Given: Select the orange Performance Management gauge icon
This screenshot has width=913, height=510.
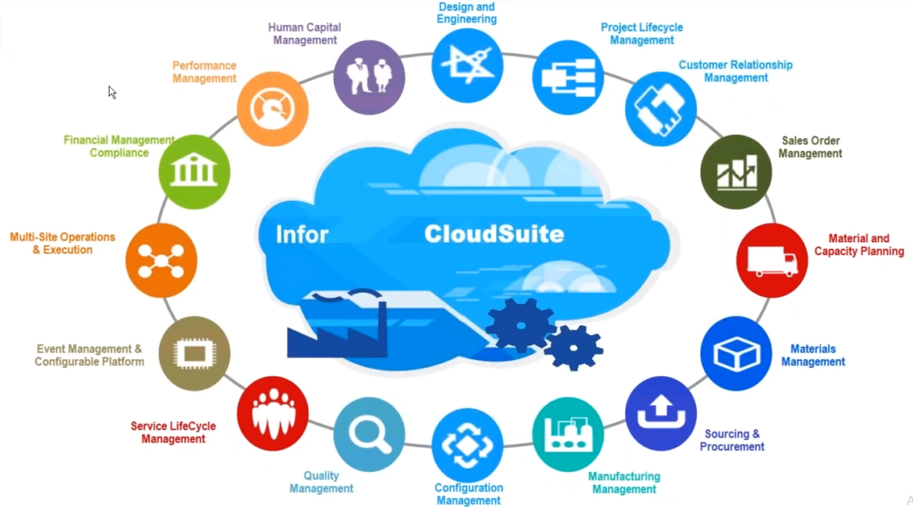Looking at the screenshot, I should point(272,109).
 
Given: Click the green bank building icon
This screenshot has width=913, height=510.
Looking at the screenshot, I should point(194,171).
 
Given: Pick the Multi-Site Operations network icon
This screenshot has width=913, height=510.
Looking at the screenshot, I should point(161,261).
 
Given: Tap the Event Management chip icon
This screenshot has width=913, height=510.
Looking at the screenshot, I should point(194,352).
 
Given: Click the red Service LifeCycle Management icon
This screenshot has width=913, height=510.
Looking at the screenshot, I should point(272,413).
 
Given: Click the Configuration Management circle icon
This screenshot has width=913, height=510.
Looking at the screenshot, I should point(467,445).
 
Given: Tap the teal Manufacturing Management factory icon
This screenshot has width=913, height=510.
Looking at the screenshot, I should point(568,434).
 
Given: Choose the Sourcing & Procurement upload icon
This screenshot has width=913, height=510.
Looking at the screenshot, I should point(660,413).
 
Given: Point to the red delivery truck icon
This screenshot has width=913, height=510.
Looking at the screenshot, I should point(771,261).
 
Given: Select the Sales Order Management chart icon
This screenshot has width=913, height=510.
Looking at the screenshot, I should point(736,172).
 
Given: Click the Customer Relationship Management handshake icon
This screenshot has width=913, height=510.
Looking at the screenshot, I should point(660,109).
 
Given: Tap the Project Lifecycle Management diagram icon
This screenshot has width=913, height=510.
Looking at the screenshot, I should point(568,78).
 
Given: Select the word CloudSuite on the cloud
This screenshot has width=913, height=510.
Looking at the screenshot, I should point(494,233).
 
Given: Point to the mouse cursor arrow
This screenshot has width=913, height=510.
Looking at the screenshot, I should point(112,92).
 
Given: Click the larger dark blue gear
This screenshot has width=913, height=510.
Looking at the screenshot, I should point(520,324).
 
